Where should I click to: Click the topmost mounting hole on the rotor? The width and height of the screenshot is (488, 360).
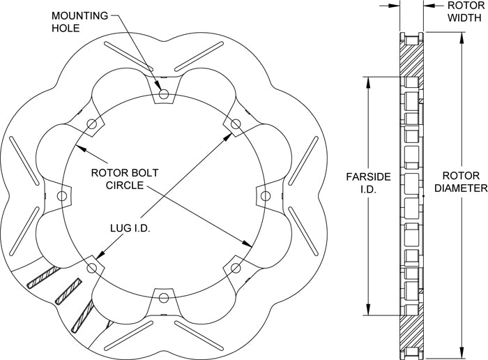[x=163, y=93]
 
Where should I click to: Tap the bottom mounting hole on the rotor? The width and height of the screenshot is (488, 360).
[x=163, y=298]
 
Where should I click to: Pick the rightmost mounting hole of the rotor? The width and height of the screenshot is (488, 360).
[x=266, y=196]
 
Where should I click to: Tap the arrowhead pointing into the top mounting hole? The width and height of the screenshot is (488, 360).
[x=161, y=87]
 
